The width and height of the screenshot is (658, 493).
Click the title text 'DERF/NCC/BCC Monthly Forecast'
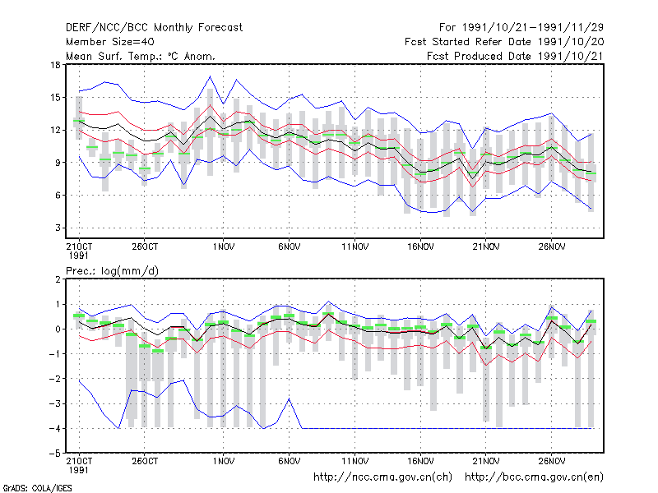[x=154, y=28]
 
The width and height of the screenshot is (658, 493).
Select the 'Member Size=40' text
[x=110, y=42]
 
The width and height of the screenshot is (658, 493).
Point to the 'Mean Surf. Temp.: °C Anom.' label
[x=141, y=56]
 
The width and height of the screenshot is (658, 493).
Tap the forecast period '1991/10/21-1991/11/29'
[x=532, y=28]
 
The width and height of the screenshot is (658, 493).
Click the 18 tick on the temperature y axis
[x=55, y=65]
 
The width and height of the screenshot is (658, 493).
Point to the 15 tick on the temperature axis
[x=55, y=98]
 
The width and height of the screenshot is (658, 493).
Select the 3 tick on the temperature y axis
[x=58, y=228]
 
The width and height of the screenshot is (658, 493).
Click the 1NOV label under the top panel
[x=223, y=247]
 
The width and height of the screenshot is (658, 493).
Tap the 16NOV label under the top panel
[x=420, y=247]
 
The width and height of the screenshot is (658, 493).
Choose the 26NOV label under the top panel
[x=551, y=247]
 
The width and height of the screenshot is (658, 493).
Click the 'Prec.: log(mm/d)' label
[x=112, y=271]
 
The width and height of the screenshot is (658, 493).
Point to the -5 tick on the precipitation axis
[x=55, y=454]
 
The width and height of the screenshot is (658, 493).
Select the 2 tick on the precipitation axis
[x=58, y=279]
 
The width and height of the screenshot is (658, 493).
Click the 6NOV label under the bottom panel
[x=290, y=461]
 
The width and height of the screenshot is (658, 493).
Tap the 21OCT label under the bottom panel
[x=79, y=461]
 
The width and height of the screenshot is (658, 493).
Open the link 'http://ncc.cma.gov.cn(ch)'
[x=382, y=477]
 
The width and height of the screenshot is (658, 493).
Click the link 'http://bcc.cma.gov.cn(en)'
[x=534, y=477]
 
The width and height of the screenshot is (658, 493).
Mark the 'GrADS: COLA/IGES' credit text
[x=37, y=488]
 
